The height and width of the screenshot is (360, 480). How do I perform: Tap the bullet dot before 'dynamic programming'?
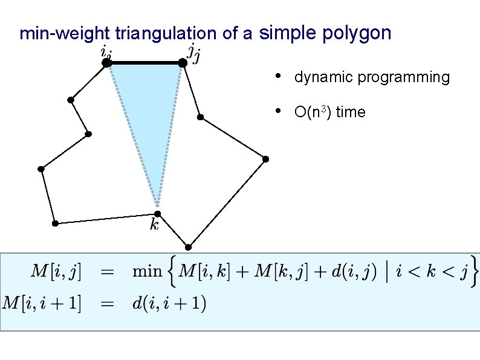click(x=276, y=76)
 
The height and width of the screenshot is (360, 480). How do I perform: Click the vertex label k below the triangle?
click(x=154, y=225)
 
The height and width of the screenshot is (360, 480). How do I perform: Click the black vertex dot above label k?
click(x=157, y=213)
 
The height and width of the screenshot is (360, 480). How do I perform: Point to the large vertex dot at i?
click(x=106, y=62)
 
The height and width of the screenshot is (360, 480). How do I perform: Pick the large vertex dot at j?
click(x=182, y=62)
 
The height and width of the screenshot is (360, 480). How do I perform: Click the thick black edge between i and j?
click(x=144, y=62)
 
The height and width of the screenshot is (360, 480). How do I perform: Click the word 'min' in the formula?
click(x=147, y=271)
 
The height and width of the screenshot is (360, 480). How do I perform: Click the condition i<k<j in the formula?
click(x=432, y=271)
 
